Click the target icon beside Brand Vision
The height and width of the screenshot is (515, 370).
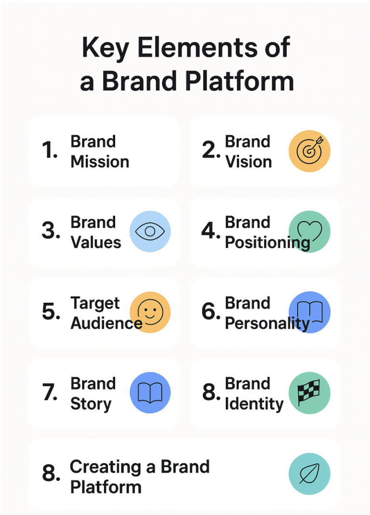click(309, 151)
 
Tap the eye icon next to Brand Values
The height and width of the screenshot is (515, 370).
click(150, 232)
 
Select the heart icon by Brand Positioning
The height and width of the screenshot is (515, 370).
click(309, 232)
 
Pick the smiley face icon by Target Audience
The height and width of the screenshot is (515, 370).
click(150, 312)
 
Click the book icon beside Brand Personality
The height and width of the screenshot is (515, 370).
click(309, 312)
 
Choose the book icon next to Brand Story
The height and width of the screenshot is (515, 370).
click(150, 392)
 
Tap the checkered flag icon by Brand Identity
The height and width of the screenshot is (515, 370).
click(309, 392)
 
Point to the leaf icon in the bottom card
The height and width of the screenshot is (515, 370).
click(309, 474)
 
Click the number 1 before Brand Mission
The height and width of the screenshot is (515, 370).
click(50, 151)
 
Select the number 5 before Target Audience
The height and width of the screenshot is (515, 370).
click(51, 312)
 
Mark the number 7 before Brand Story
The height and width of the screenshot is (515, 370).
click(50, 393)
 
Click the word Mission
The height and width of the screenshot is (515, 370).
click(100, 162)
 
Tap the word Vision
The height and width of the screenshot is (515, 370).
click(249, 162)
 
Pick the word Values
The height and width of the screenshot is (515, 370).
click(96, 242)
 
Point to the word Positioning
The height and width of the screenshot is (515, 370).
click(267, 243)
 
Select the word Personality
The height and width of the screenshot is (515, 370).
click(267, 323)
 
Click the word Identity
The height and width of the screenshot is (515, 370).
click(254, 404)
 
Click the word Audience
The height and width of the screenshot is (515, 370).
click(106, 323)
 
